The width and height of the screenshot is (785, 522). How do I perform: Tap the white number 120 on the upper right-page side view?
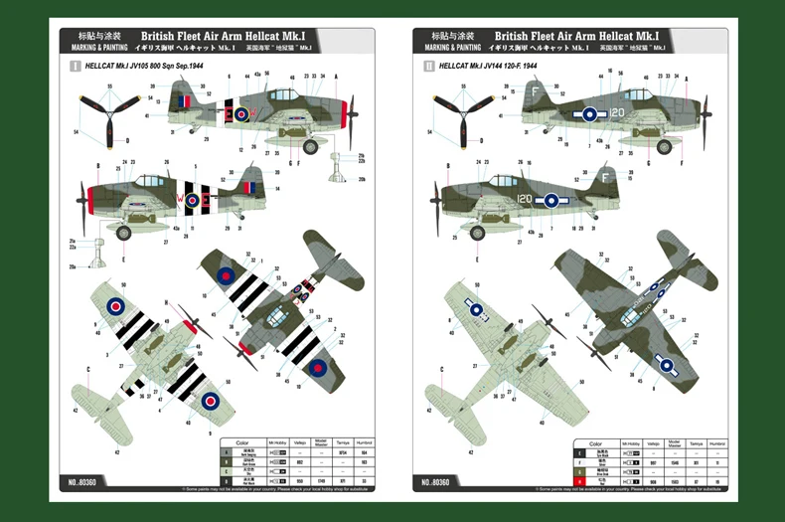[x=617, y=113]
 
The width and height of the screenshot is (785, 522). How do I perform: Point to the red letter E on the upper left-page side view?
[x=241, y=114]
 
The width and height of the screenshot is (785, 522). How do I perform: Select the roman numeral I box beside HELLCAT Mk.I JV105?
[x=76, y=65]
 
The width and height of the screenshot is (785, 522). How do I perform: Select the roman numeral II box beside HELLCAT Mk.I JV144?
[x=429, y=65]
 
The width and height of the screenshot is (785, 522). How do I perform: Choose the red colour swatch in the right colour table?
[x=580, y=482]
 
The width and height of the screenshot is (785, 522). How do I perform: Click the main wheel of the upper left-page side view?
[x=311, y=146]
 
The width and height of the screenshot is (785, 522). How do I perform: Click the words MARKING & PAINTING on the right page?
[x=452, y=48]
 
